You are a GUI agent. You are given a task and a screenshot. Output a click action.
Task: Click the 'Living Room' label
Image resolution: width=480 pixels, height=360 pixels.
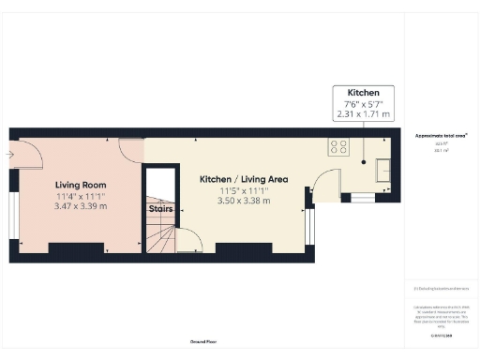(x=80, y=185)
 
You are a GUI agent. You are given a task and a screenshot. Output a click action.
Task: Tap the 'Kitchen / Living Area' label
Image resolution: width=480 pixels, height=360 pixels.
(x=244, y=178)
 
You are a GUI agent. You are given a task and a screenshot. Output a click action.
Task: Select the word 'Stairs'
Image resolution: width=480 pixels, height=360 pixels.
(x=160, y=209)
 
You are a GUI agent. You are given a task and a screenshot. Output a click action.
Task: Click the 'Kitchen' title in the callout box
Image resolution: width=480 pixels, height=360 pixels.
(x=363, y=94)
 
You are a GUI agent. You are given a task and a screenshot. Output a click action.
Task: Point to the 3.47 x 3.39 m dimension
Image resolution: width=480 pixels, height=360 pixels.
(x=80, y=206)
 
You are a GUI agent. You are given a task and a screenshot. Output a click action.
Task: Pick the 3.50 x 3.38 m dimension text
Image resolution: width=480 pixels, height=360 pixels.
(x=244, y=201)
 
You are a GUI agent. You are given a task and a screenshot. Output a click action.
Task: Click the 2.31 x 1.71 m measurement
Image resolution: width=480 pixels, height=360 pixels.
(x=363, y=114)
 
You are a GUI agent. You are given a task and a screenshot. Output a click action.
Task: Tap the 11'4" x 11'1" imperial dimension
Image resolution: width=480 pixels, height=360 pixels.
(x=80, y=196)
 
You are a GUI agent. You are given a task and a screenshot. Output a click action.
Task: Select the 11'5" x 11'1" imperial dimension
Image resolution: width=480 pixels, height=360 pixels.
(x=244, y=189)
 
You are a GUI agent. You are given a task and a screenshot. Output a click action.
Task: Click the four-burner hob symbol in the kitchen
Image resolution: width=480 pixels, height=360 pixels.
(x=337, y=146)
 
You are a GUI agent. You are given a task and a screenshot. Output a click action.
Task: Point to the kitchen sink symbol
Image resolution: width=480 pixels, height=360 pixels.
(x=383, y=168)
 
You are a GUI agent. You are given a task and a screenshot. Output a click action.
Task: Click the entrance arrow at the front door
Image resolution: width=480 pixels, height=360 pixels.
(x=9, y=152)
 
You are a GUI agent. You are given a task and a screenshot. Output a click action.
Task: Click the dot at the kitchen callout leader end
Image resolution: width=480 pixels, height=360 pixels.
(x=363, y=159)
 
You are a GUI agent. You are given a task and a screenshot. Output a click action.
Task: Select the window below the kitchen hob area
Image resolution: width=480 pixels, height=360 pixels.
(x=357, y=197)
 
